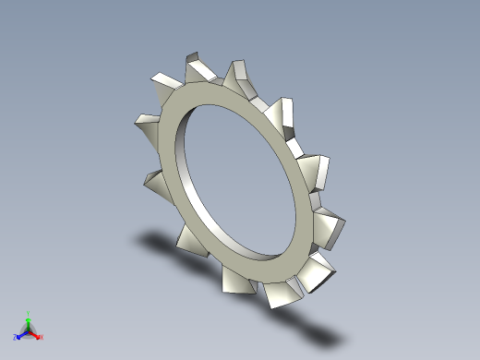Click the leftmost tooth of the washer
tap(148, 124)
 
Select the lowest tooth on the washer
tap(282, 294)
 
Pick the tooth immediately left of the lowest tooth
tap(236, 280)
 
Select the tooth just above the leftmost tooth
tap(161, 82)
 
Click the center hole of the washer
tap(245, 180)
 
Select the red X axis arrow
tap(36, 335)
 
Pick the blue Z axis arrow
tap(19, 334)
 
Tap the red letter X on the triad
tap(42, 338)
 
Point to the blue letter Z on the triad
tap(15, 338)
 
